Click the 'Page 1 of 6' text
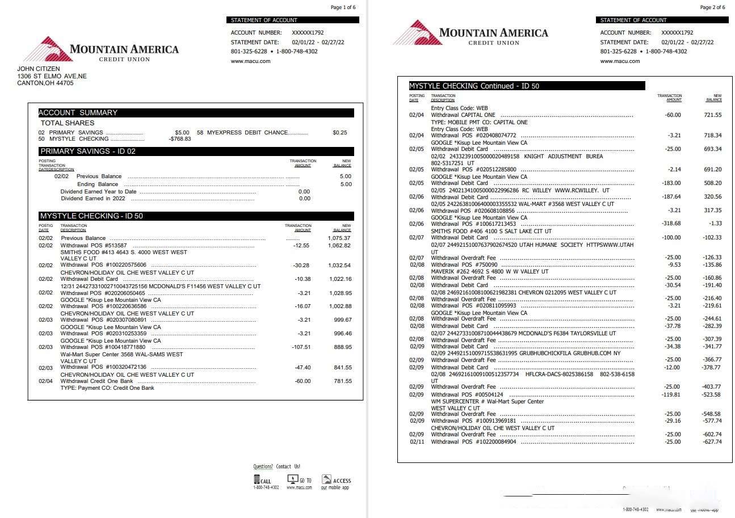click(x=343, y=7)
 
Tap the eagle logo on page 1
click(x=45, y=49)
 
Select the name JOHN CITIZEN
click(x=38, y=69)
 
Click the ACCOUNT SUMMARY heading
click(x=78, y=112)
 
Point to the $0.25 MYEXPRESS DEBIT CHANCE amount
click(x=339, y=132)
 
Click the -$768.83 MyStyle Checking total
click(x=179, y=139)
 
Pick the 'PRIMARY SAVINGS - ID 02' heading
click(x=87, y=151)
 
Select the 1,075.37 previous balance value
click(x=339, y=238)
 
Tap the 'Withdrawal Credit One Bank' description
click(x=96, y=381)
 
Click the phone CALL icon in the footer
click(x=257, y=480)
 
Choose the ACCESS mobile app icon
click(x=326, y=479)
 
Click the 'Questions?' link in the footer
click(x=263, y=466)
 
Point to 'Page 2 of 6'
click(x=712, y=7)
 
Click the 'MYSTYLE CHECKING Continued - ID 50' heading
click(x=474, y=86)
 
